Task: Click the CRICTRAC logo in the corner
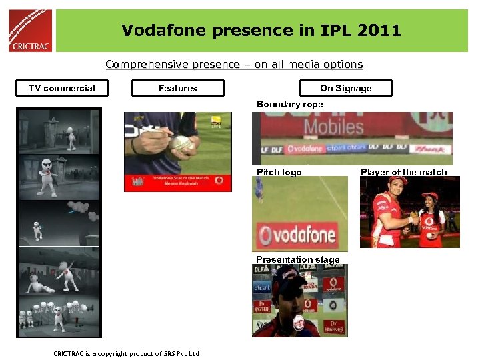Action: point(31,30)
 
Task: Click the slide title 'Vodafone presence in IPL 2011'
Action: point(261,30)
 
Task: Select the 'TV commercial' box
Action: point(62,88)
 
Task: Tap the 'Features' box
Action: point(178,88)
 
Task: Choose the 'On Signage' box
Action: point(346,88)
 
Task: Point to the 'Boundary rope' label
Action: point(289,104)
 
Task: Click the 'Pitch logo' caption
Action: point(279,172)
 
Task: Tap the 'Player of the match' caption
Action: point(403,172)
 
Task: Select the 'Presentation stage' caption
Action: point(298,259)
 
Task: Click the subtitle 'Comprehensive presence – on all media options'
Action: point(234,65)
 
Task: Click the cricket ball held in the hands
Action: point(181,143)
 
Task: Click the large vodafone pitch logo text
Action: point(298,235)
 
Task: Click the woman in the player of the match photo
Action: point(431,213)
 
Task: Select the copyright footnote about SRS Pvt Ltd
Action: point(126,353)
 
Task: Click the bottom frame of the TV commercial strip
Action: point(59,313)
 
